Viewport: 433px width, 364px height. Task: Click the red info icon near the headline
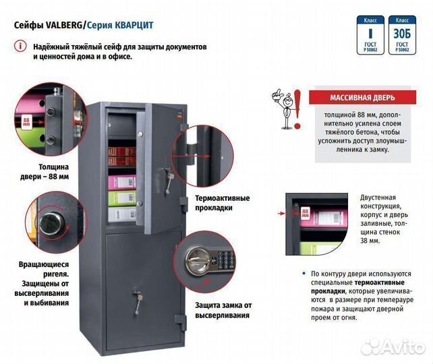pos(20,47)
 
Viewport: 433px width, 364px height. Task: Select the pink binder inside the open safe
pos(124,183)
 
